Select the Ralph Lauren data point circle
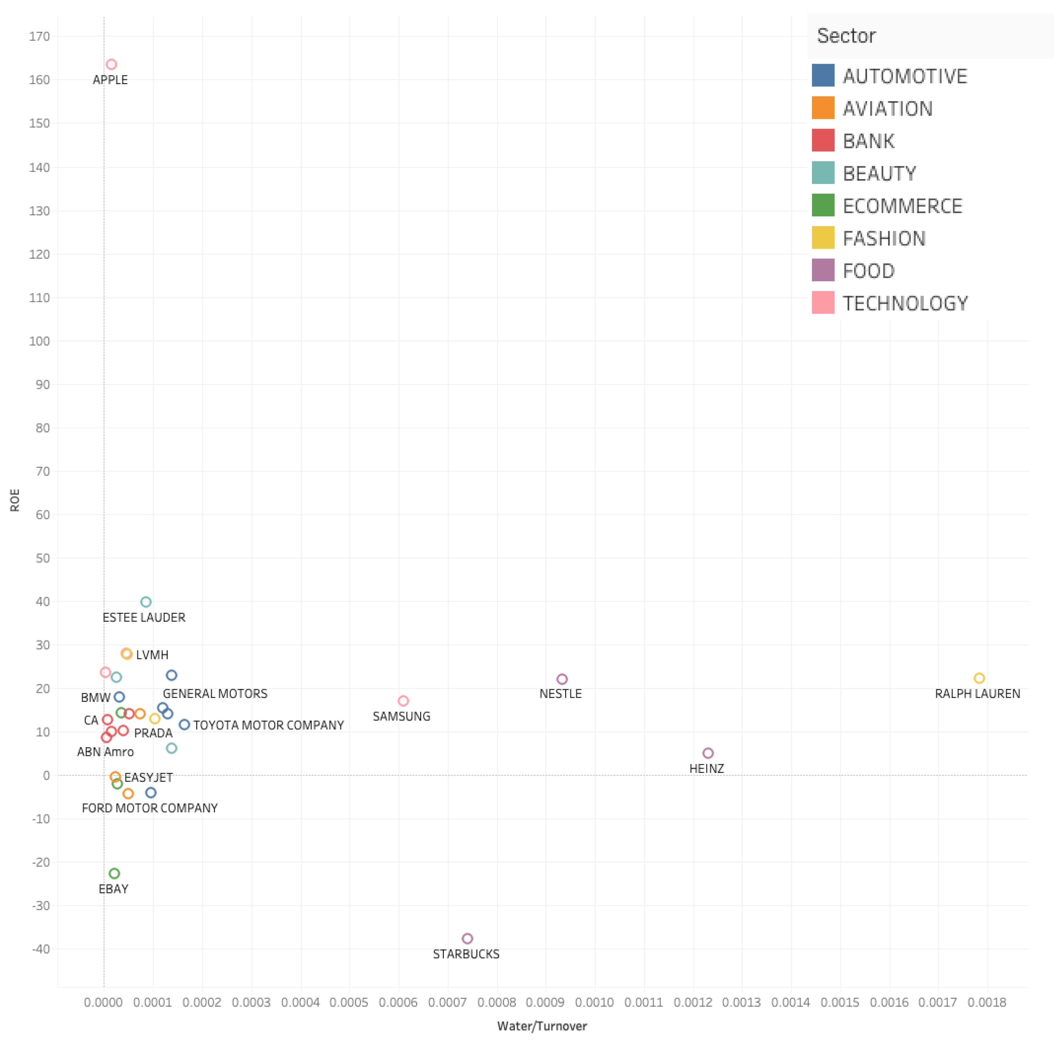[979, 678]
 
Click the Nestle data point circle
[562, 679]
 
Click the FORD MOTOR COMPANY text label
[150, 808]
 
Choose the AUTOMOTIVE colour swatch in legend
[823, 75]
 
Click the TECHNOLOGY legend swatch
[823, 303]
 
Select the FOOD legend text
[868, 271]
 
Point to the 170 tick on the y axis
[39, 37]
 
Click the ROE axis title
[15, 500]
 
